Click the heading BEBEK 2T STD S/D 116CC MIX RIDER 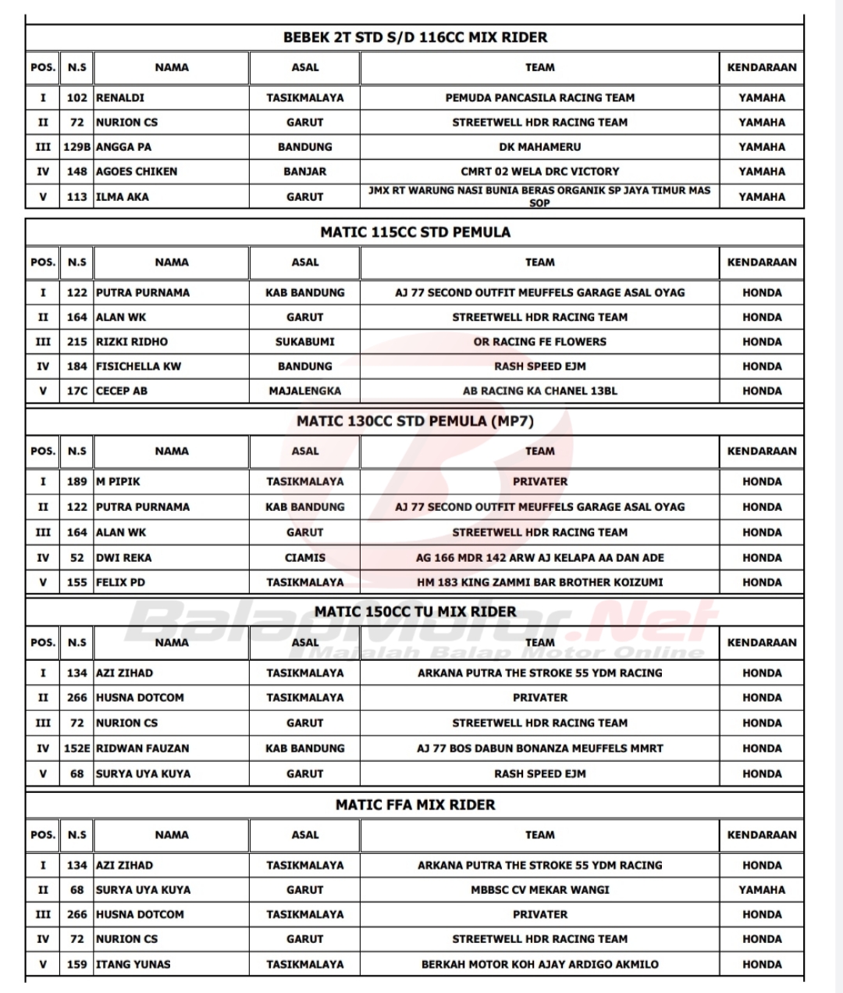[x=414, y=38]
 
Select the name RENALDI [x=119, y=98]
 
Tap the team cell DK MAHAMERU [x=539, y=147]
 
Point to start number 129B [x=76, y=147]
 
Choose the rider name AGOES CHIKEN [x=137, y=171]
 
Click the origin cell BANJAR [x=304, y=171]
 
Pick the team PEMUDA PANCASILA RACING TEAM [x=539, y=98]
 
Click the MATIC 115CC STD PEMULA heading [x=414, y=232]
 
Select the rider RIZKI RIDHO [x=131, y=341]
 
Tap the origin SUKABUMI [x=304, y=341]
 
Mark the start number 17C [x=76, y=391]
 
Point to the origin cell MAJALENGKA [x=304, y=391]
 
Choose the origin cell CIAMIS [x=304, y=558]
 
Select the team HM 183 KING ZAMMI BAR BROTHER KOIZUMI [x=539, y=582]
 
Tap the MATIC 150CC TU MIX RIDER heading [x=414, y=612]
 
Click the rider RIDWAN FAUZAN [x=142, y=748]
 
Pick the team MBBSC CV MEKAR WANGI [x=539, y=889]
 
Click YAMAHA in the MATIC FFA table [x=761, y=889]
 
